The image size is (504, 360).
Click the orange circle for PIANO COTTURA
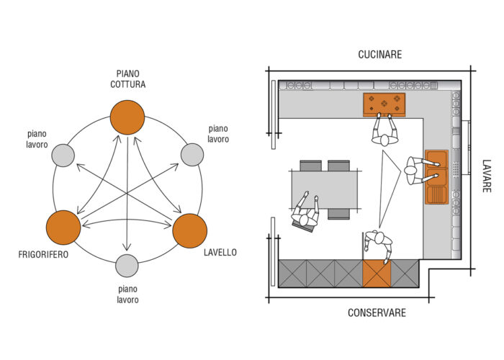pos(127,117)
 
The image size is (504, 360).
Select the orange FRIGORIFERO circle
pos(63,228)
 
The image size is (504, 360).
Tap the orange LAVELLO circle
pos(189,231)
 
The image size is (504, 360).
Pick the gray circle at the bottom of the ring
pos(127,266)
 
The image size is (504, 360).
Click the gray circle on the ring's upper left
pos(63,156)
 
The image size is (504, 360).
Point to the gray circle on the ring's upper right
pos(192,155)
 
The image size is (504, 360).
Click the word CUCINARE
pos(380,54)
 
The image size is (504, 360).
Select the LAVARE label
pos(487,176)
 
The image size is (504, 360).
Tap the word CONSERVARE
pos(377,312)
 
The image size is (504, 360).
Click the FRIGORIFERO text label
pos(43,255)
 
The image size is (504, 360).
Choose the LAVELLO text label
pos(220,252)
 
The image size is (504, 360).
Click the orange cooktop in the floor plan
pos(384,105)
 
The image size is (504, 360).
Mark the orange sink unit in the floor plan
pos(436,177)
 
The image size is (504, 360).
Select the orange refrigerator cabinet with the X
pos(377,274)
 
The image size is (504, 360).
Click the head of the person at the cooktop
pos(384,140)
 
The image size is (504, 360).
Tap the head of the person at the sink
pos(410,171)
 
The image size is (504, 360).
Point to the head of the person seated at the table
pos(304,220)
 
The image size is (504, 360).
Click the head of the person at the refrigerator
pos(379,238)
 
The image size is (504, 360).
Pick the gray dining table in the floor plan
pos(325,189)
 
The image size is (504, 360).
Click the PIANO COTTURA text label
pos(128,79)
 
